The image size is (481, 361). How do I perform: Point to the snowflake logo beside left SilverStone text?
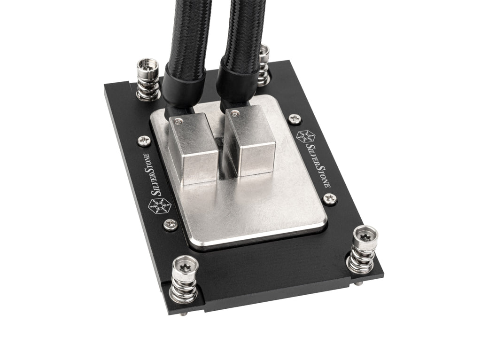tap(159, 206)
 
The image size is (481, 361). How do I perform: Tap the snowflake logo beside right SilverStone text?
tap(306, 137)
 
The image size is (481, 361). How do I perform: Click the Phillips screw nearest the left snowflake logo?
tap(171, 224)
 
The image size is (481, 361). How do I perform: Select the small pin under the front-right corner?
tap(359, 283)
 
